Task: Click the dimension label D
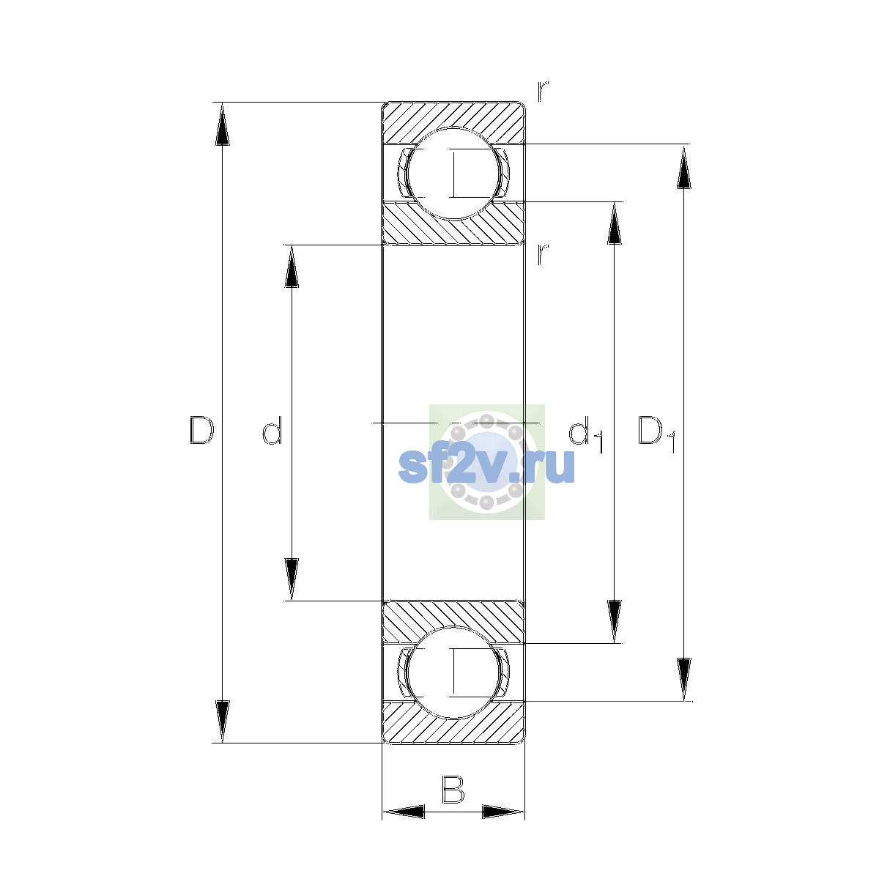coord(201,430)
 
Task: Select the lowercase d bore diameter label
coord(272,430)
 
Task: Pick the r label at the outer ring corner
coord(542,91)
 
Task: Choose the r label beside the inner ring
coord(542,254)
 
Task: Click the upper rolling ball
coord(453,174)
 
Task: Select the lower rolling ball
coord(453,673)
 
